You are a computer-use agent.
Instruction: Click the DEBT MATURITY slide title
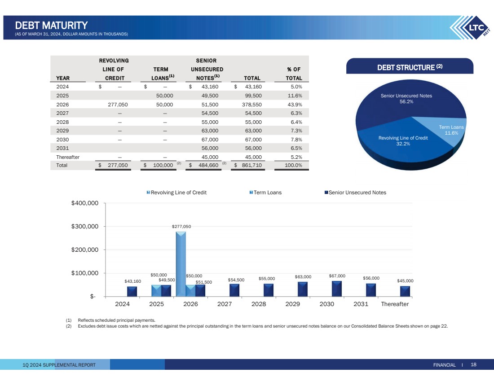click(x=51, y=25)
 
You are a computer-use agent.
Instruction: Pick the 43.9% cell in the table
click(x=294, y=104)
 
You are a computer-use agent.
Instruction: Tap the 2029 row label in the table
click(x=62, y=131)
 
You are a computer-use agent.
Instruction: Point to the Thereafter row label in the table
click(x=68, y=157)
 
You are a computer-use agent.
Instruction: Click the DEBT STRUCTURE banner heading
click(x=410, y=68)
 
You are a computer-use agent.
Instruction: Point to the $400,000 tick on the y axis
click(x=85, y=203)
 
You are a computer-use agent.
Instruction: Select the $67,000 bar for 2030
click(x=337, y=289)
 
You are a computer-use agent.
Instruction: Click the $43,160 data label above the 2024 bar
click(x=133, y=281)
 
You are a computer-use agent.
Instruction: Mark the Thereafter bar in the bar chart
click(x=405, y=291)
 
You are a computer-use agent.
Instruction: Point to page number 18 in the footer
click(x=473, y=365)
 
